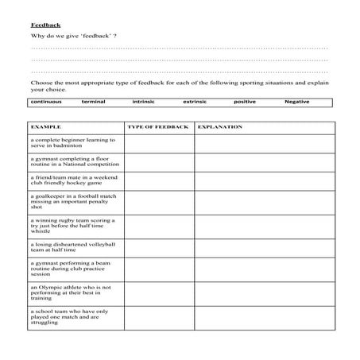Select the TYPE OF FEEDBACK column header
157,126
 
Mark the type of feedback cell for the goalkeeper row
158,202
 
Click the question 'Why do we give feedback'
73,37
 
